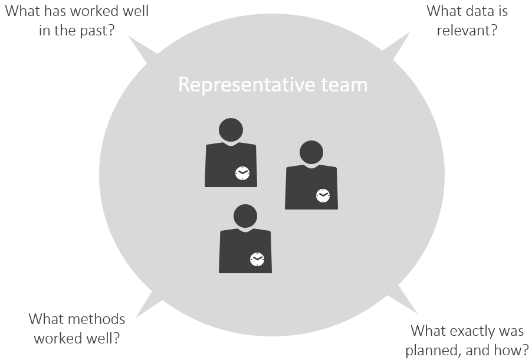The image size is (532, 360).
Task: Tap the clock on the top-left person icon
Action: (242, 173)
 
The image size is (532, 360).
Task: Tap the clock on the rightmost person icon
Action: (323, 195)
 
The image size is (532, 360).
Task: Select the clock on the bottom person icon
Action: (257, 259)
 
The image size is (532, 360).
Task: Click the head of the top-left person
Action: (231, 130)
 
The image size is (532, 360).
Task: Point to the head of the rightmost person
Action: (311, 152)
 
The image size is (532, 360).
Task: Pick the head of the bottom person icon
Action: (245, 216)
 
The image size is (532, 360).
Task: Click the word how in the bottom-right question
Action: (512, 350)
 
